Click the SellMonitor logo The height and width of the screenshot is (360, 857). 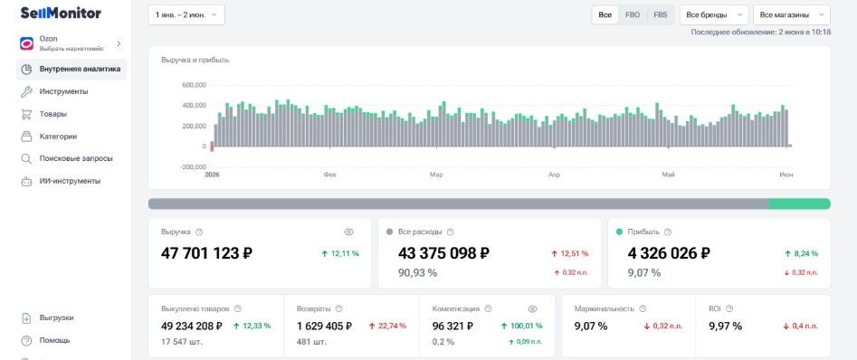pos(61,13)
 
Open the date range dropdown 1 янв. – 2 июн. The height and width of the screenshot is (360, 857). pos(186,14)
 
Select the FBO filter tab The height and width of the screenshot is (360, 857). pos(633,14)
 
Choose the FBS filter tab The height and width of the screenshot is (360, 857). pos(661,14)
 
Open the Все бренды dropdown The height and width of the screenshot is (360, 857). pos(714,14)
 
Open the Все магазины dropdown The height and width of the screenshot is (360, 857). pos(792,14)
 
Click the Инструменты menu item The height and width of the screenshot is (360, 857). pos(63,91)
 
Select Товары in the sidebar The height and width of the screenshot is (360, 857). pos(53,114)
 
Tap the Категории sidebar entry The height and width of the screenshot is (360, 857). pos(58,137)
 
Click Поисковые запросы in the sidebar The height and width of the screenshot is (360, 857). pos(76,158)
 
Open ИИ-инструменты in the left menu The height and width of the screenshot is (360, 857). pos(70,181)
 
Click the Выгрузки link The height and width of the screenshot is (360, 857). pos(56,317)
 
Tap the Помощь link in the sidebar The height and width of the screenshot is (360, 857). pos(54,340)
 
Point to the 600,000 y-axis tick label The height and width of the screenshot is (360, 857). pos(194,85)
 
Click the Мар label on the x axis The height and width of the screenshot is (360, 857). pos(436,175)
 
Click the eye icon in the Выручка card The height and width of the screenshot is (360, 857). pos(348,232)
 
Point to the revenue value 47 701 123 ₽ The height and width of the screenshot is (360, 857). pos(206,253)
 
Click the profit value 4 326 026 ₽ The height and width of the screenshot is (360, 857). pos(669,253)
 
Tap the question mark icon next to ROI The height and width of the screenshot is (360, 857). pos(729,308)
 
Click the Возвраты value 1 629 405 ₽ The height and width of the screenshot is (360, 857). pos(325,327)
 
